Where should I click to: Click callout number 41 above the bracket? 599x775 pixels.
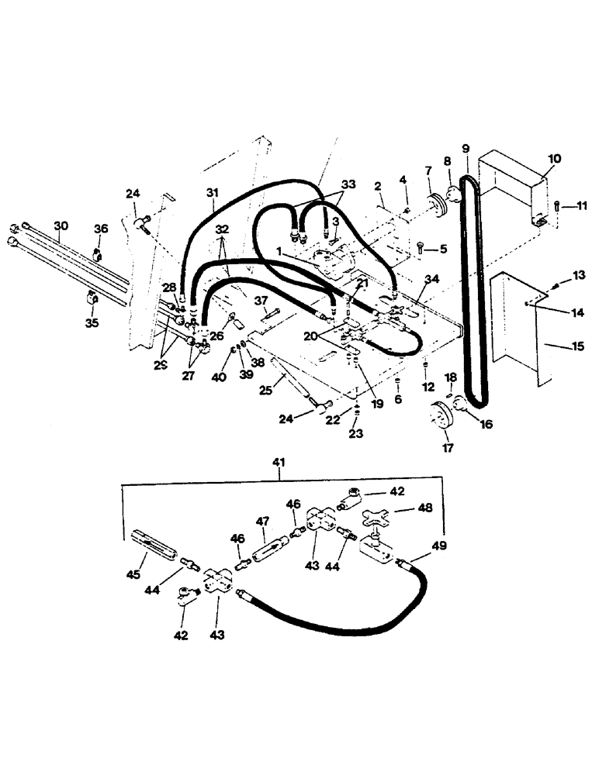click(279, 463)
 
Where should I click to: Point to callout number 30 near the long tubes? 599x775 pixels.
click(61, 226)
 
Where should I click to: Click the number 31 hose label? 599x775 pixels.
click(213, 192)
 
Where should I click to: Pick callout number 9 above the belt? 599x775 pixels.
click(466, 148)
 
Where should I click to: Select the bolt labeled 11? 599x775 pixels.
click(558, 205)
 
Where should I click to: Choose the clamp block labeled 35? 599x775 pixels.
click(92, 298)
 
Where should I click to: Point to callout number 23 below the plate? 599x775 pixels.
click(355, 436)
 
